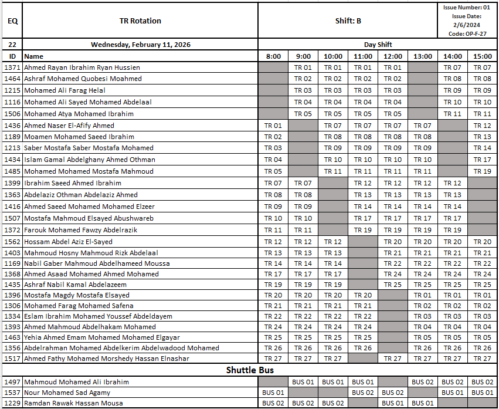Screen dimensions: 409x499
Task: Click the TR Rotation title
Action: click(140, 21)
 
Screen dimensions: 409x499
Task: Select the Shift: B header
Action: click(348, 21)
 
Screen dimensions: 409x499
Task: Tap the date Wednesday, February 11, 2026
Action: click(140, 45)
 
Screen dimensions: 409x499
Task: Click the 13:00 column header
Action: click(422, 56)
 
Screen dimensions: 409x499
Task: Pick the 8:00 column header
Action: click(273, 56)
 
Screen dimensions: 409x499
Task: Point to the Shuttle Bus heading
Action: click(250, 370)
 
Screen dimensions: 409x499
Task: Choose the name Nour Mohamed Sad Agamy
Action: click(67, 393)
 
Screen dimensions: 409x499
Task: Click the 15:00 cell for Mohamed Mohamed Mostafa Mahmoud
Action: click(482, 171)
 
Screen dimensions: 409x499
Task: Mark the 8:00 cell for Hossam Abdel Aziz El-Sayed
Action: click(273, 242)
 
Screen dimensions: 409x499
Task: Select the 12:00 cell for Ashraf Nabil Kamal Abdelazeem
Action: click(393, 285)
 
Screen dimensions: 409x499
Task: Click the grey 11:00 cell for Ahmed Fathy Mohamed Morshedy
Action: click(363, 359)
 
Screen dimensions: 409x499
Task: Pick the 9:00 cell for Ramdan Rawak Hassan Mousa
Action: click(303, 403)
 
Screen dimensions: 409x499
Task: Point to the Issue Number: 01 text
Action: click(467, 8)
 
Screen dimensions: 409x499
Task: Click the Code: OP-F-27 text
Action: click(467, 34)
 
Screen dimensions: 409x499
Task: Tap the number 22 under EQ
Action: click(12, 45)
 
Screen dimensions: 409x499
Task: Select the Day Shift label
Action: click(378, 45)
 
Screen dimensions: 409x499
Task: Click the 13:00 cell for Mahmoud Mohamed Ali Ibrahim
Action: click(422, 382)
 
